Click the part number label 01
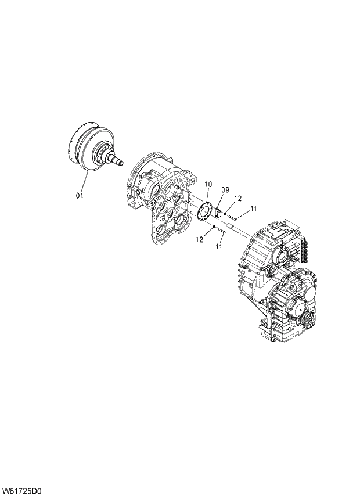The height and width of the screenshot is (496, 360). pos(80,196)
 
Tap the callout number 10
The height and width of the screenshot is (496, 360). pos(208,185)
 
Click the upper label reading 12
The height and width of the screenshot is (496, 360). pos(238,198)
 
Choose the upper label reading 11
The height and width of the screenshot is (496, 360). pos(254,209)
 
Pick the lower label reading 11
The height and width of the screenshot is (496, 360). pos(219,247)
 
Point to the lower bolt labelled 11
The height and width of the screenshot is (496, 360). pos(221,232)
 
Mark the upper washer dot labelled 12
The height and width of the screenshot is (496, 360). pos(225,213)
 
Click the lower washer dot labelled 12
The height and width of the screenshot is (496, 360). pos(214,226)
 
